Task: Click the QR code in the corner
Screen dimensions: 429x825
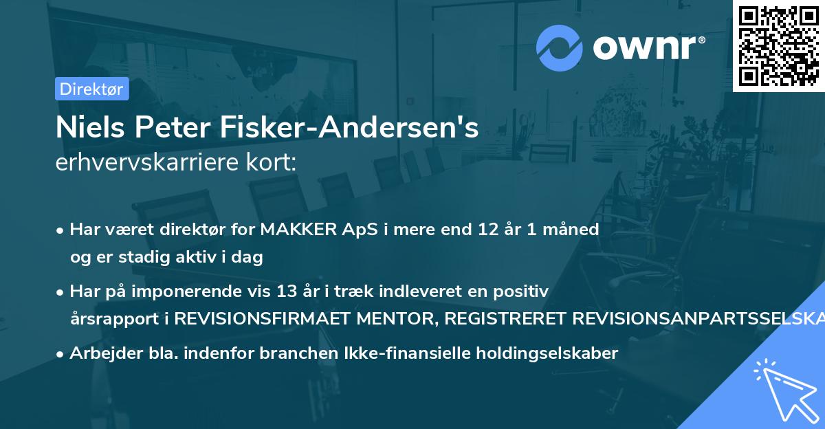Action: tap(779, 45)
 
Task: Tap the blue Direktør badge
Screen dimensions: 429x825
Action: tap(91, 89)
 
